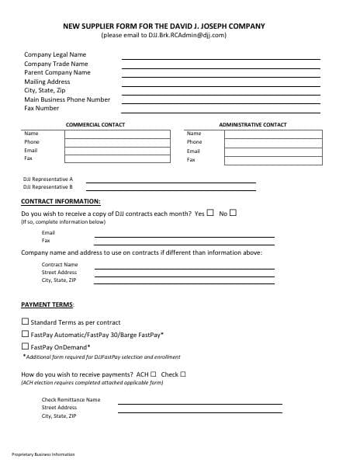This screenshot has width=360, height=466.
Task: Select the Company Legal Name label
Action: click(x=55, y=54)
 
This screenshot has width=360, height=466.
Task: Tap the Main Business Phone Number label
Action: click(x=67, y=99)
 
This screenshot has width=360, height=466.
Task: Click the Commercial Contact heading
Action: click(x=95, y=124)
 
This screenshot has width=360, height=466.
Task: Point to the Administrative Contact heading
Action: click(x=252, y=124)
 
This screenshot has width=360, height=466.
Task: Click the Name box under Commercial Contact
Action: click(x=116, y=134)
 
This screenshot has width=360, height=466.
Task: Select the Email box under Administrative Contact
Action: click(x=273, y=151)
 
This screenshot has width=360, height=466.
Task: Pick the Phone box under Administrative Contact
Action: click(x=273, y=142)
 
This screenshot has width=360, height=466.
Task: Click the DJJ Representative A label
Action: click(x=48, y=179)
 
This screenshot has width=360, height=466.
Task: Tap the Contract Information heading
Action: click(x=61, y=201)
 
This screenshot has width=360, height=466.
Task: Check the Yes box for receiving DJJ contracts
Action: click(x=210, y=212)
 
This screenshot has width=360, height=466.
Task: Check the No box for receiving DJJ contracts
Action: click(x=233, y=212)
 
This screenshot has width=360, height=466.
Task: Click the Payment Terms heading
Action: click(x=47, y=305)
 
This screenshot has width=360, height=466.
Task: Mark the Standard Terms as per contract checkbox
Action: click(x=25, y=322)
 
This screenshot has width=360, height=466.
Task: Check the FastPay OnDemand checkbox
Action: click(x=25, y=346)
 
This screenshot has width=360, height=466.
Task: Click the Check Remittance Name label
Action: click(x=71, y=399)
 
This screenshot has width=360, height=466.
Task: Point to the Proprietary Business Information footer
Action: click(x=43, y=454)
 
